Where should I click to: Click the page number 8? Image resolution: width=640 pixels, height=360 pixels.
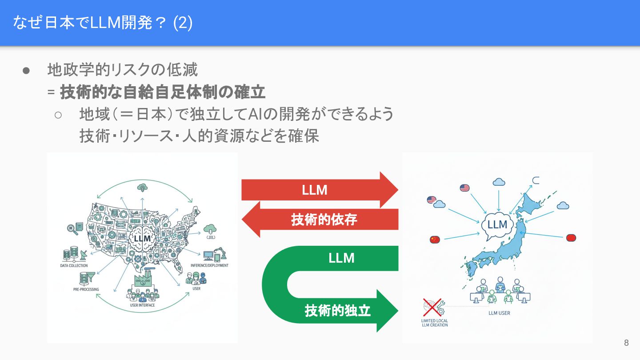point(626,343)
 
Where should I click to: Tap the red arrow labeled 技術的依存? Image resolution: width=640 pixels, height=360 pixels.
point(324,219)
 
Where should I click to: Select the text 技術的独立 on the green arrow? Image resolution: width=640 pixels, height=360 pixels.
point(337,310)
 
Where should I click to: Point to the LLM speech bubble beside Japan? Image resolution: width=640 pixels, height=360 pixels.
point(497,225)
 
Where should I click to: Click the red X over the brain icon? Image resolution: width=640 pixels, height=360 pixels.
point(431,307)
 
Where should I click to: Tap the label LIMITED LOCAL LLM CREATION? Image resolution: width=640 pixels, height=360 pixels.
point(434,323)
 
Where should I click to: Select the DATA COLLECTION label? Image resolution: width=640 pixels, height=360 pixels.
point(74,265)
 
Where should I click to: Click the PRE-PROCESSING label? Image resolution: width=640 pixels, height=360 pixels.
point(86,289)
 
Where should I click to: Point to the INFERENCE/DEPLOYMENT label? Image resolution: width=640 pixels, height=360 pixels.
point(209,265)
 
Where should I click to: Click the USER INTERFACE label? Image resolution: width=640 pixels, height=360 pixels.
point(142,305)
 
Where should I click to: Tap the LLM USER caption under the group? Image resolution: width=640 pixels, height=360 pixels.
point(499,313)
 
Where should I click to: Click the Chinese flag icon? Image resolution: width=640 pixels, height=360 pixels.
point(435,240)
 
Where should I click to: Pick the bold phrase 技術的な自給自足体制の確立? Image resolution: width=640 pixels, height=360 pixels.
point(163,92)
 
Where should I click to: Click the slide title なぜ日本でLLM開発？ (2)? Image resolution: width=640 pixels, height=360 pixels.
point(103,23)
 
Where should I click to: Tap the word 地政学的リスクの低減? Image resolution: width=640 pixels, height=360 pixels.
point(123,70)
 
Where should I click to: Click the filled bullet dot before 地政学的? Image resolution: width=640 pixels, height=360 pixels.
point(26,70)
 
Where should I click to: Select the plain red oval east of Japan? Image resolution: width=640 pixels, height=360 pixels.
point(571,238)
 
